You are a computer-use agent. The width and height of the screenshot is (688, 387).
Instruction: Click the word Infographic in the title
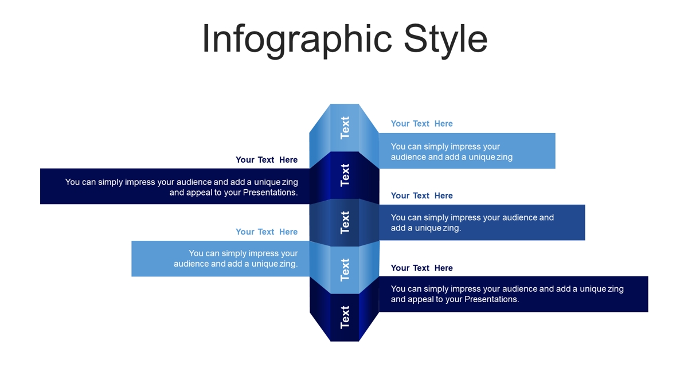point(298,40)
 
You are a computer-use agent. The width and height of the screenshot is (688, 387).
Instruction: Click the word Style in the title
point(445,40)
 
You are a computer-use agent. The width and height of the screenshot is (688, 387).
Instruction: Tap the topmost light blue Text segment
point(345,128)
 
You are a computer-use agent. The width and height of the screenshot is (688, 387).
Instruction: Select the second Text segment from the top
point(345,175)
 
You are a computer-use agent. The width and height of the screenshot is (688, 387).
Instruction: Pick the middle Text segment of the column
point(345,222)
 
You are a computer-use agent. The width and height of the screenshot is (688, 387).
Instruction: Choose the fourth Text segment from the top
point(345,270)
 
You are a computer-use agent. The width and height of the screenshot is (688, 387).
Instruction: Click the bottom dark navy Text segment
point(345,318)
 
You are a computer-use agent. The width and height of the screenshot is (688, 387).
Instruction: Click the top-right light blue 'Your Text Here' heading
point(422,123)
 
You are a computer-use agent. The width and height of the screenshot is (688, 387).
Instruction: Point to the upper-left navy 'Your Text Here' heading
point(267,160)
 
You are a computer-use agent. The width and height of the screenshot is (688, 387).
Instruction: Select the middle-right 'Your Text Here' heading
point(422,196)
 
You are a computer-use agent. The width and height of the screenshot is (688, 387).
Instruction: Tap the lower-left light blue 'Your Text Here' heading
point(267,232)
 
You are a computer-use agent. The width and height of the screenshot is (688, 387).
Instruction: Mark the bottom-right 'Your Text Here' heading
point(422,268)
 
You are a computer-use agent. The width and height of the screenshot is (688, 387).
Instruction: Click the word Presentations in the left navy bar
point(270,193)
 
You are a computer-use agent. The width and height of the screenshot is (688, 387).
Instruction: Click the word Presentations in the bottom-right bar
point(491,299)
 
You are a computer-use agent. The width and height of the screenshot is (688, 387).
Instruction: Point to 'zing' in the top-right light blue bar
point(505,157)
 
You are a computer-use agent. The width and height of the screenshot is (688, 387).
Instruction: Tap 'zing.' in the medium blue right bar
point(452,228)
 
